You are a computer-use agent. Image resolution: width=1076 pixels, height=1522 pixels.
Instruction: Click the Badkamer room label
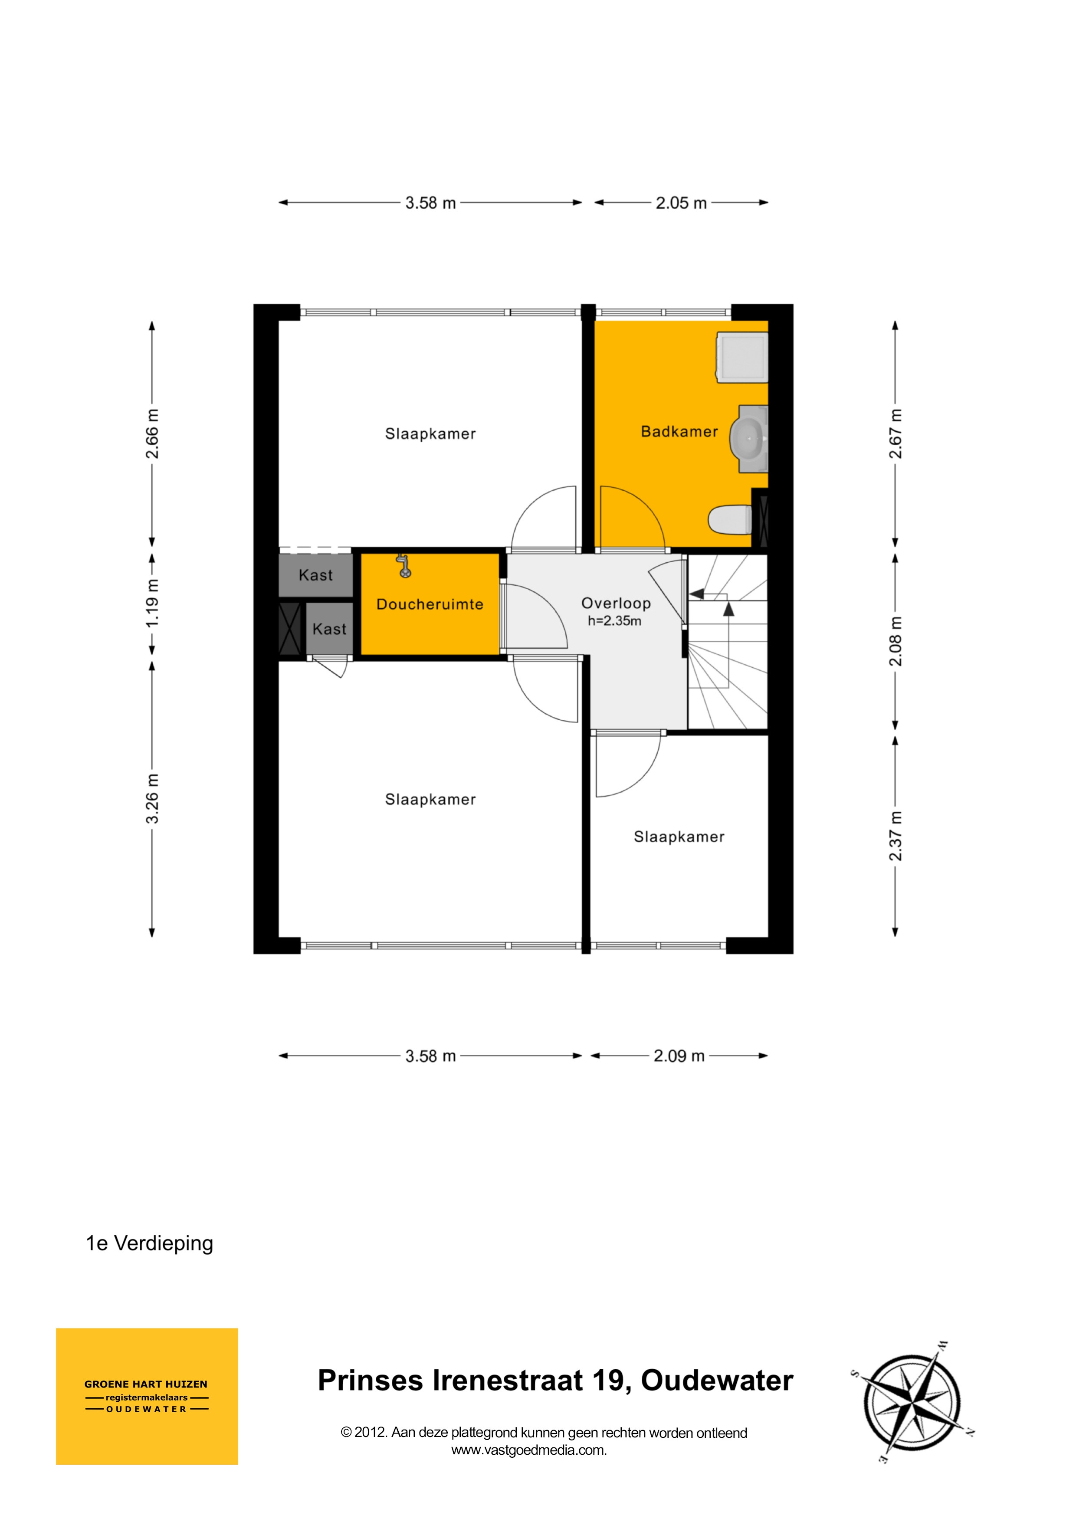pyautogui.click(x=679, y=432)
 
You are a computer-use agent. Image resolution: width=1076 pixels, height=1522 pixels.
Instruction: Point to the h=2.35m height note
pyautogui.click(x=614, y=621)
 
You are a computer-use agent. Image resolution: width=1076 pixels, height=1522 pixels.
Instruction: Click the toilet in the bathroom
pyautogui.click(x=730, y=520)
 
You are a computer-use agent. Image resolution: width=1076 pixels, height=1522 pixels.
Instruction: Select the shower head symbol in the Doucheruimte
pyautogui.click(x=403, y=565)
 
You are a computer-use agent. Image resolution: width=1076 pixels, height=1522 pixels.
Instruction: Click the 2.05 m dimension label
pyautogui.click(x=681, y=203)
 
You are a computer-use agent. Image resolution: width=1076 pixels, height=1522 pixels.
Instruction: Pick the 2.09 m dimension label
pyautogui.click(x=679, y=1056)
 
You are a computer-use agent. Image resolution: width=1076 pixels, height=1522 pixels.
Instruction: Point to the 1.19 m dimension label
pyautogui.click(x=152, y=603)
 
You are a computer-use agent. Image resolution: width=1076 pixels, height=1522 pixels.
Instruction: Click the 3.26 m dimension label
pyautogui.click(x=152, y=799)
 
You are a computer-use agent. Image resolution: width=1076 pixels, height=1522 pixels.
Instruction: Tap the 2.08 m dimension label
pyautogui.click(x=896, y=642)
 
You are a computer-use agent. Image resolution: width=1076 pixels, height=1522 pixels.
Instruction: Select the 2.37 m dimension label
pyautogui.click(x=896, y=836)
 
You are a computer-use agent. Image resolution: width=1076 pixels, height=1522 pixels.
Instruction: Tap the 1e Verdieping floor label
pyautogui.click(x=149, y=1243)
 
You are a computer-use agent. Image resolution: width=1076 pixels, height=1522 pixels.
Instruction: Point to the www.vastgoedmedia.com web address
pyautogui.click(x=529, y=1450)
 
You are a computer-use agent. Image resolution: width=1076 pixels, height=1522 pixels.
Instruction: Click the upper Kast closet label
pyautogui.click(x=315, y=575)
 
